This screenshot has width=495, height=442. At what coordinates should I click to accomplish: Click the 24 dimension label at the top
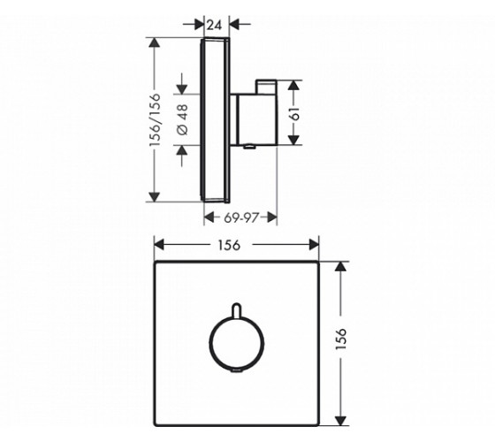[x=215, y=25]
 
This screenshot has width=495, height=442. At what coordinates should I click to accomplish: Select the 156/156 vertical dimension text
[x=155, y=119]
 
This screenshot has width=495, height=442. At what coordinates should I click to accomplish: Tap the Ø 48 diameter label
[x=182, y=119]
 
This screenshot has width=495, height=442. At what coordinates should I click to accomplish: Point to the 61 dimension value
[x=295, y=114]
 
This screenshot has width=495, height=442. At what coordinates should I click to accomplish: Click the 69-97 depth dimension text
[x=241, y=217]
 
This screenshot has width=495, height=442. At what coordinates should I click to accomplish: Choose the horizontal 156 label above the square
[x=229, y=245]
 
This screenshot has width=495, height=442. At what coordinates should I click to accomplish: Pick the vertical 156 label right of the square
[x=341, y=339]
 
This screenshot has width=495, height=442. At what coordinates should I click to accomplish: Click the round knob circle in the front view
[x=209, y=343]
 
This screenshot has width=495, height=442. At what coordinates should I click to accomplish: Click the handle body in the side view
[x=256, y=119]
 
